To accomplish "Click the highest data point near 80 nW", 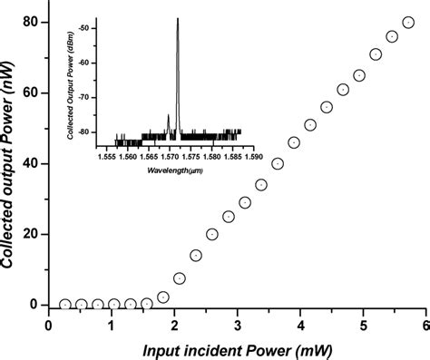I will pos(407,23).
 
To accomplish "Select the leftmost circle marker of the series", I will pos(65,305).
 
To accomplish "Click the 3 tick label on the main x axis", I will pos(237,326).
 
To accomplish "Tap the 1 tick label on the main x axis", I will pos(112,326).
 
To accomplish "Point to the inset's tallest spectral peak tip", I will pos(178,19).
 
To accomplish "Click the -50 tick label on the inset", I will pos(84,29).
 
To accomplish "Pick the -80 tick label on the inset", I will pos(84,132).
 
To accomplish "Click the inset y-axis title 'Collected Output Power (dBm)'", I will pos(71,91).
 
